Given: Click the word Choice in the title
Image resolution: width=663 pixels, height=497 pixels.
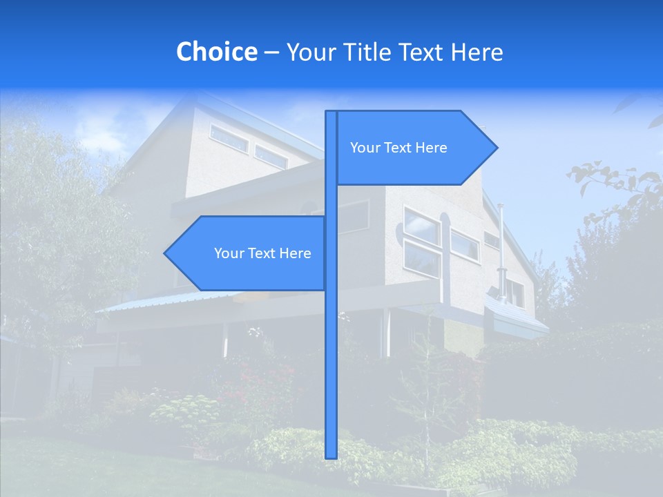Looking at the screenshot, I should click(216, 52).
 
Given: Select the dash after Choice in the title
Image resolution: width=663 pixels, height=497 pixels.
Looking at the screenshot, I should click(271, 52).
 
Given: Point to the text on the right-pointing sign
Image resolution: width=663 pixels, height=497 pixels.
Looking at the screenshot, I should click(398, 148).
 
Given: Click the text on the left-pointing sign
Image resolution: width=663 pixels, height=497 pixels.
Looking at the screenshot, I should click(262, 253).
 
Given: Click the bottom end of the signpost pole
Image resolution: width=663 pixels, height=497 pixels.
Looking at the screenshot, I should click(331, 456).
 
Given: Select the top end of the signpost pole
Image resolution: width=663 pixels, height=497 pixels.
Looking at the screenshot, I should click(331, 113).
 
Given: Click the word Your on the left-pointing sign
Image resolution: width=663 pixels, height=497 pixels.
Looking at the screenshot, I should click(229, 253).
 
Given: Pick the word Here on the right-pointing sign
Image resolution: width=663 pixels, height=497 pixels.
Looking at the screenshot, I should click(431, 148).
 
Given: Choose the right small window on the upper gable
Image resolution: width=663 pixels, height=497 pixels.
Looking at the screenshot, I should click(270, 157).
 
